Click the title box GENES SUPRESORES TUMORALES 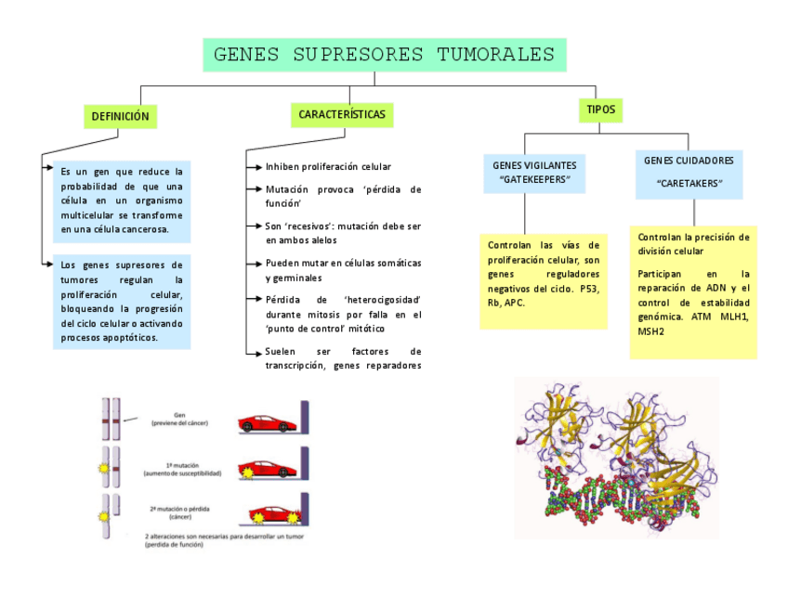384,55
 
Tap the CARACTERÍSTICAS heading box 342,115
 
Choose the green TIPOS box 600,110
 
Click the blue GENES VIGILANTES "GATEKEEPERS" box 534,172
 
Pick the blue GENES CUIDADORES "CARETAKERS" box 689,172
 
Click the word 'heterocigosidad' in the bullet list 382,300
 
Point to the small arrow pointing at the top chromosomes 130,420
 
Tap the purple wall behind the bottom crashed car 304,516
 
